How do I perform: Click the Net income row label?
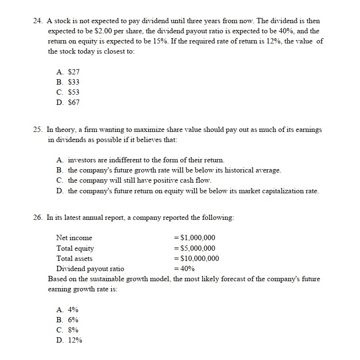point(74,238)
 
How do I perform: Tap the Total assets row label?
point(74,258)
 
